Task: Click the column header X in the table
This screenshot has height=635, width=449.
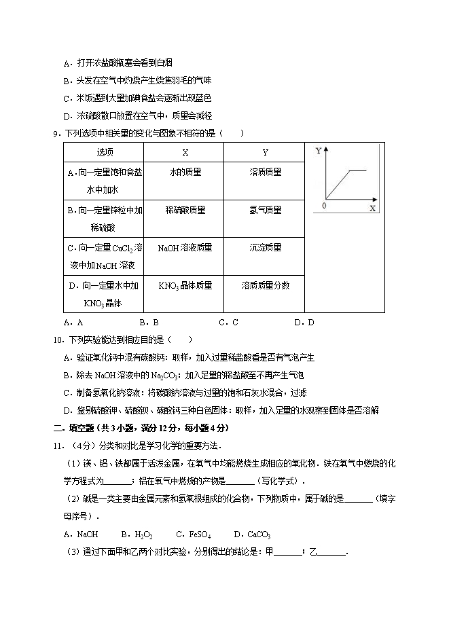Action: coord(185,152)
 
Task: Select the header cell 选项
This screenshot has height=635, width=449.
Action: coord(105,152)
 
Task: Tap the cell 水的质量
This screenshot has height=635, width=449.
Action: coord(185,173)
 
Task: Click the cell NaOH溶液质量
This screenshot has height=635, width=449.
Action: coord(185,248)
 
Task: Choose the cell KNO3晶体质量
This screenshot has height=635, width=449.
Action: coord(185,286)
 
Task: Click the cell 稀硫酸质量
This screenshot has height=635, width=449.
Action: coord(185,211)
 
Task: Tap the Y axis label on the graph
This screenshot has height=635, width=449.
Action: coord(319,151)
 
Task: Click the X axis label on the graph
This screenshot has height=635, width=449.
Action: coord(372,208)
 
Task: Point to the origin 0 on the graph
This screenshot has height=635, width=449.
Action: coord(323,205)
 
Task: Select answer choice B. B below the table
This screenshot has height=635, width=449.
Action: coord(149,323)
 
